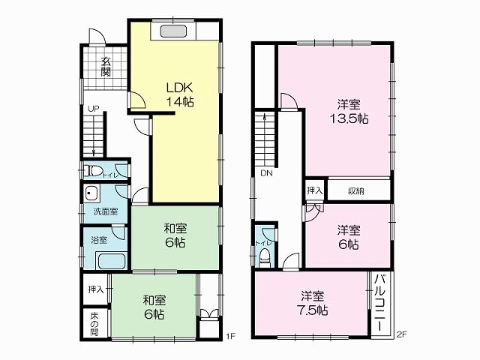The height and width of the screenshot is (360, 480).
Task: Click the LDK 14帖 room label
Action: [180, 94]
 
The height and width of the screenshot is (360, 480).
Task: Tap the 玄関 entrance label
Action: [106, 67]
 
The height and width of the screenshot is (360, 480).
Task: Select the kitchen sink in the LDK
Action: [173, 31]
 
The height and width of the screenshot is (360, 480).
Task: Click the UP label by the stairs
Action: [93, 109]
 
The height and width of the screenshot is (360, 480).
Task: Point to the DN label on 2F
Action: [266, 173]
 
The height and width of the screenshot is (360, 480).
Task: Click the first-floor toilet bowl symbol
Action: [93, 170]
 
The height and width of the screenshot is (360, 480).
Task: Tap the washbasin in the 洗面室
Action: [91, 193]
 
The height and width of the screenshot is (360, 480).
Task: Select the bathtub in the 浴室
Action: [110, 260]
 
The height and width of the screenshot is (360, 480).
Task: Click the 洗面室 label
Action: [106, 211]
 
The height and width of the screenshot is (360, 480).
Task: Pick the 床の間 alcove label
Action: [94, 323]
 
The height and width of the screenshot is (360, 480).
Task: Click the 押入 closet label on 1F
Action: [96, 289]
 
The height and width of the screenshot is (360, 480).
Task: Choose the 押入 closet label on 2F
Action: [315, 190]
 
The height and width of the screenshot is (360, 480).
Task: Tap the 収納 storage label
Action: [355, 191]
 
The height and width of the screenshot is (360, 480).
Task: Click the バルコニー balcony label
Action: [380, 303]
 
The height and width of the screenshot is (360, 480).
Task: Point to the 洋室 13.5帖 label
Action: [349, 112]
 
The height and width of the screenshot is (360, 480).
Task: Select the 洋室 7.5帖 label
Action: [312, 303]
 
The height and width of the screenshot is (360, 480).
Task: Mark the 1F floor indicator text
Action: [230, 336]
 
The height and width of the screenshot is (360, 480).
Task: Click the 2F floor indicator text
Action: [401, 334]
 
